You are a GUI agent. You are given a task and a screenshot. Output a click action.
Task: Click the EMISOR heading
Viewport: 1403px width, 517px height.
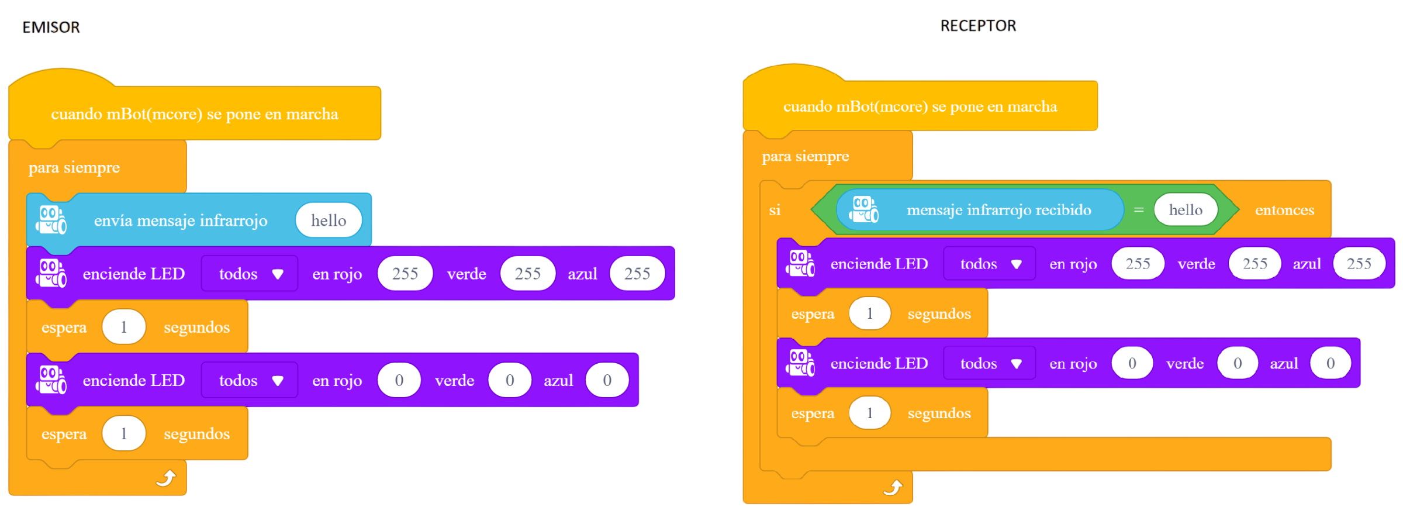coord(51,27)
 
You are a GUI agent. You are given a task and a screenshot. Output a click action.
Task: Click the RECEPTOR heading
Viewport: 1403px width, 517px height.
coord(978,26)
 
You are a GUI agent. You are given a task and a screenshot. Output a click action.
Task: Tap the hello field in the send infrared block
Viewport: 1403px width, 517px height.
coord(329,220)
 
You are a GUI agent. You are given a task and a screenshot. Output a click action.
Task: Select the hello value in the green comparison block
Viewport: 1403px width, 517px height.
coord(1186,210)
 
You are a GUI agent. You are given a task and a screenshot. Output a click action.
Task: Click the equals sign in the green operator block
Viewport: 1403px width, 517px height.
coord(1139,210)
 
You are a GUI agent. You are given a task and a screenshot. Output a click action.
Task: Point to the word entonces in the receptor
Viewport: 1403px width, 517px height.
coord(1284,210)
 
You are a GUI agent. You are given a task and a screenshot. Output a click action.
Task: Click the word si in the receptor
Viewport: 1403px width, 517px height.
coord(775,210)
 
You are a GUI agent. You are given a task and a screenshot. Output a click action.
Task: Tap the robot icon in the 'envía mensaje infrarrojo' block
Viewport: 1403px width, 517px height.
coord(51,220)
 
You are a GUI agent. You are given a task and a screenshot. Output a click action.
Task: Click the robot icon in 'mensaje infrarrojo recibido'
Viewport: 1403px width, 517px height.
coord(863,209)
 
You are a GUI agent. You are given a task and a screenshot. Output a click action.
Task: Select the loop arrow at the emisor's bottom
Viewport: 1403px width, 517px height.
coord(166,478)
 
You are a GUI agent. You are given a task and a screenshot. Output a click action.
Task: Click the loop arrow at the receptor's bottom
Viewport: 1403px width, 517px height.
coord(893,487)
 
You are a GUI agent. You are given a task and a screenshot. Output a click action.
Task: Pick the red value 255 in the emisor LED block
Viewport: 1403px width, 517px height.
coord(405,274)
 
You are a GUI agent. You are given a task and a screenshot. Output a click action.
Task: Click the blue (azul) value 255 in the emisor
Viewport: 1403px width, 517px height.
coord(637,274)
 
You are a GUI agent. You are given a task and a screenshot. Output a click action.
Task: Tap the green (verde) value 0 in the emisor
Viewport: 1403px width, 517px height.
coord(510,380)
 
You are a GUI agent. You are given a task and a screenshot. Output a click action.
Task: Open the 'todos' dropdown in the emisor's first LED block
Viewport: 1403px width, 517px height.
coord(250,274)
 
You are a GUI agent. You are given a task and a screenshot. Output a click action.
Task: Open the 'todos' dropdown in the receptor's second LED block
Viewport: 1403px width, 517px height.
coord(990,363)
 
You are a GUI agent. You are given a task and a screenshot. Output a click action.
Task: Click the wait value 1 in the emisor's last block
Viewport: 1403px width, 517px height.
coord(123,433)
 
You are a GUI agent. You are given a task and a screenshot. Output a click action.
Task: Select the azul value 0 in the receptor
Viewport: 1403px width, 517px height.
coord(1331,363)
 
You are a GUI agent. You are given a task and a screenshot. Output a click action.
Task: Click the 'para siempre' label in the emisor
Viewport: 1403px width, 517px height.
coord(74,168)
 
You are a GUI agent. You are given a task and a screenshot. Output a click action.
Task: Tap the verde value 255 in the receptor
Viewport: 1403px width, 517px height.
coord(1255,264)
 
